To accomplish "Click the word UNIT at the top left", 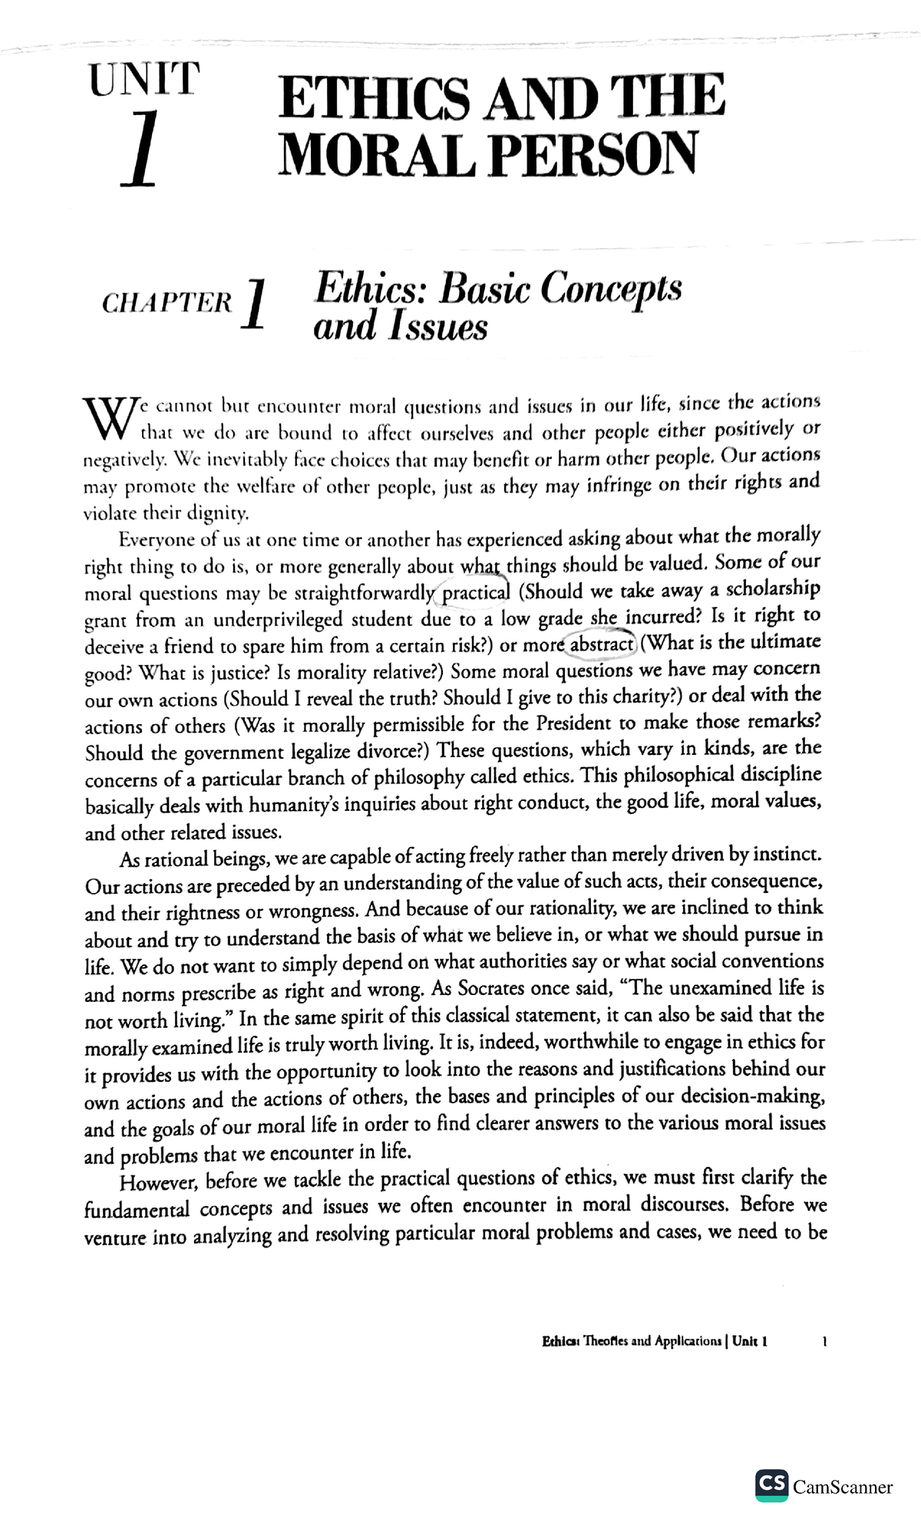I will [x=144, y=80].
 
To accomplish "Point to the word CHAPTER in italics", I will [x=167, y=303].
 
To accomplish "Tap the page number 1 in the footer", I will [x=824, y=1342].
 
